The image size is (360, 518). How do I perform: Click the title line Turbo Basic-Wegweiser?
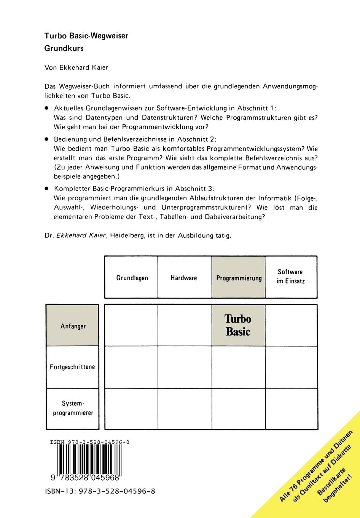pos(86,36)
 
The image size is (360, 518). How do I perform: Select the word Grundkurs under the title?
pos(64,48)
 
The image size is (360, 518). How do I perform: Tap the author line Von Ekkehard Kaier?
pos(76,67)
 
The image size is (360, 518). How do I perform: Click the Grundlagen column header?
pos(132,278)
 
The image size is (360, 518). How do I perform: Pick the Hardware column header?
pos(184,278)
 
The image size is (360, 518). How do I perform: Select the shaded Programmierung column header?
pos(239,278)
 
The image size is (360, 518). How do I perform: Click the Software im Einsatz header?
pos(290,277)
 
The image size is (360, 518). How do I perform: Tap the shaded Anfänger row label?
pos(73,326)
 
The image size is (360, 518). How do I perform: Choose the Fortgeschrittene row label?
pos(72,367)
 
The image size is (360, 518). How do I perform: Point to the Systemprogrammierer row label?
pos(73,408)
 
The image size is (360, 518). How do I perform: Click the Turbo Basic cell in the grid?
pos(238,325)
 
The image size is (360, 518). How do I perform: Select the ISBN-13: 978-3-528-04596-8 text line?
pos(100,491)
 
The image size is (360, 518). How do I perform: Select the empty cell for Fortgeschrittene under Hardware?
pos(184,367)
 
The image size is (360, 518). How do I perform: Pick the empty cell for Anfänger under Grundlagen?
pos(131,326)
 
